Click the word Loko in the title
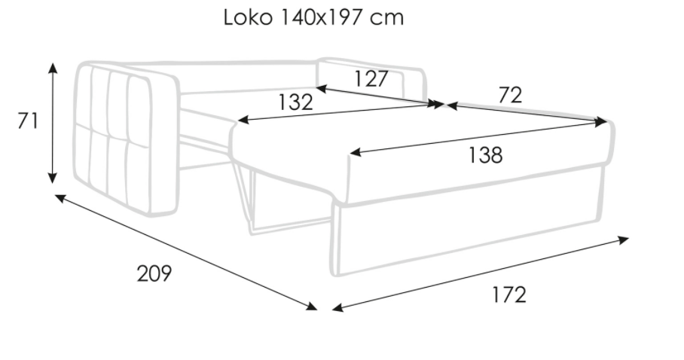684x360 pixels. point(248,17)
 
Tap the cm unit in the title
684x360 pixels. point(386,20)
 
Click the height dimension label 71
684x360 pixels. point(28,121)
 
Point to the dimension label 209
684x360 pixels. point(154,273)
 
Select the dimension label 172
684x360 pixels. point(509,294)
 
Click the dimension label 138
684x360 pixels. point(485,155)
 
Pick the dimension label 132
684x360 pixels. point(295,102)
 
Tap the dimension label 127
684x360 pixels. point(371,79)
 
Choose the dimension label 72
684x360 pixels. point(510,95)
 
